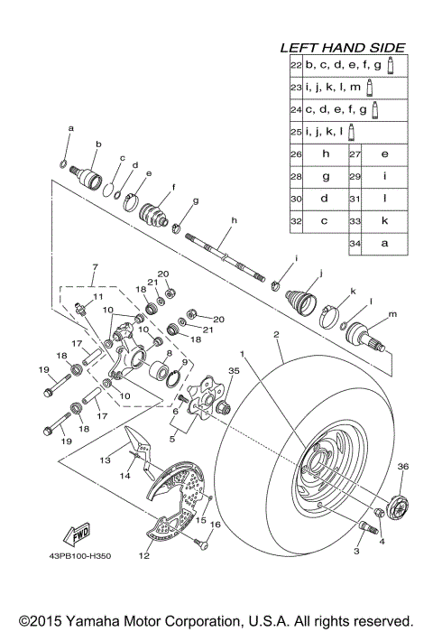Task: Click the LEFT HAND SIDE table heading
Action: click(x=343, y=47)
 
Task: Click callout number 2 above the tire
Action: click(x=277, y=334)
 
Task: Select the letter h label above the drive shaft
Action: click(x=233, y=220)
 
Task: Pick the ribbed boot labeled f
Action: click(x=156, y=216)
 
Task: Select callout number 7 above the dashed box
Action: click(x=94, y=267)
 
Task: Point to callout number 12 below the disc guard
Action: click(x=143, y=557)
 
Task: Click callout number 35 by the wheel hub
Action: click(x=234, y=370)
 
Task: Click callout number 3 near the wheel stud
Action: click(x=357, y=550)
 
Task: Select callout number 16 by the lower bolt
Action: click(x=215, y=524)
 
